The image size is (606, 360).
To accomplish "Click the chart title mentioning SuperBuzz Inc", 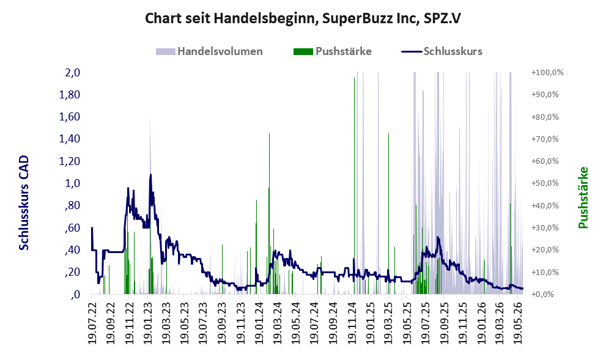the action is [x=303, y=18].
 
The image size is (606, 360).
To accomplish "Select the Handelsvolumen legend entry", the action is [x=209, y=51].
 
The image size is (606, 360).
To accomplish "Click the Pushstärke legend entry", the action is [x=333, y=51].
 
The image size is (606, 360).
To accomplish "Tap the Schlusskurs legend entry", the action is [x=442, y=51].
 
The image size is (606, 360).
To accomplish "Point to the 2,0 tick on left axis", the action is [x=72, y=73].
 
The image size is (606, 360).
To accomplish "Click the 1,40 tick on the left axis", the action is [x=70, y=139].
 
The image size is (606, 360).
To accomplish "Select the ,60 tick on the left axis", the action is [x=72, y=227].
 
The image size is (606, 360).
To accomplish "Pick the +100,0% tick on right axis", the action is [x=547, y=73].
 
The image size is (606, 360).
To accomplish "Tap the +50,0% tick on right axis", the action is [x=545, y=183].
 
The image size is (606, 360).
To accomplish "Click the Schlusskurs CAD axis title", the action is [x=24, y=203].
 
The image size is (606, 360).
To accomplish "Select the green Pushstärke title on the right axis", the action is [x=583, y=197].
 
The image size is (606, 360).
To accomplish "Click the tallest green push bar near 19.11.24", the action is [x=354, y=186].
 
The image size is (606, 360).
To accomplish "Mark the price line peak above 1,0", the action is [x=150, y=175].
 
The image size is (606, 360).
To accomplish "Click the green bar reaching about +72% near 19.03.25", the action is [x=388, y=213].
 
